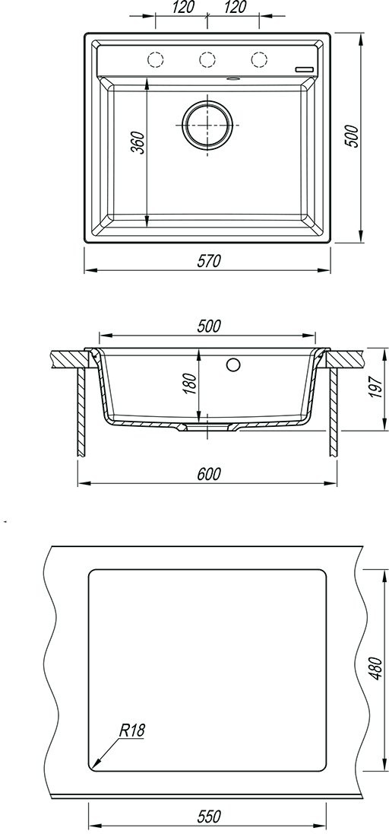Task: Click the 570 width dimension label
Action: point(208,261)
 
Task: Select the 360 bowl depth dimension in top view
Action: point(138,142)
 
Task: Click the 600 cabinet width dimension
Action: point(208,474)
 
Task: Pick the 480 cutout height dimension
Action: point(375,668)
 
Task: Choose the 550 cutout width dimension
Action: point(209,816)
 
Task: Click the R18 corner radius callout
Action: point(131,731)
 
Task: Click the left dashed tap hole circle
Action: point(155,60)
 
